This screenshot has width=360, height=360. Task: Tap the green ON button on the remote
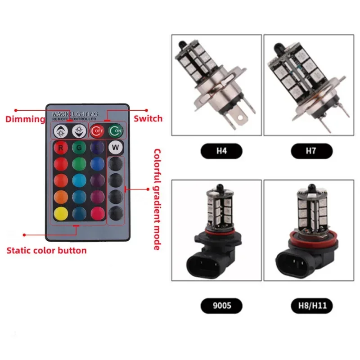tap(115, 131)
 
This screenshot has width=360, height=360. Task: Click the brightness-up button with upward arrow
tap(60, 131)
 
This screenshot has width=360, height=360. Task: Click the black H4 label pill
tap(216, 151)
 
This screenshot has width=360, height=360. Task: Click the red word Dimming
tap(25, 119)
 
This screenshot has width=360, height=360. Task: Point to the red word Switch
tap(148, 119)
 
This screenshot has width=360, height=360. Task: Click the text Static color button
tap(46, 250)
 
